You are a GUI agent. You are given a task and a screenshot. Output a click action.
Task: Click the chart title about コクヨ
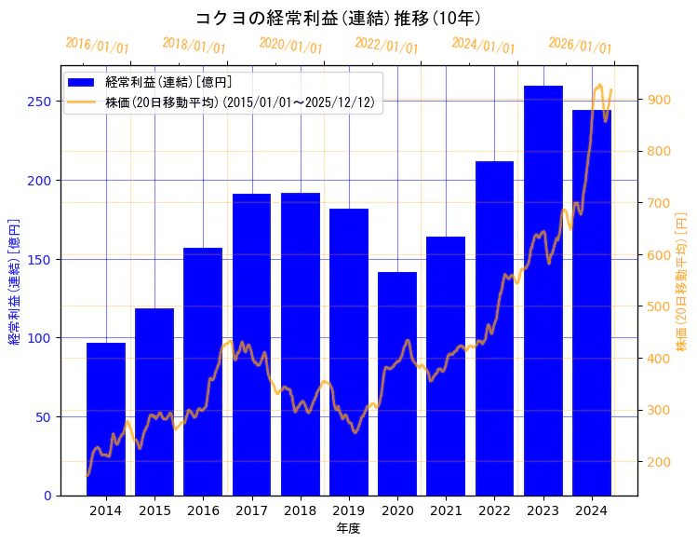339,18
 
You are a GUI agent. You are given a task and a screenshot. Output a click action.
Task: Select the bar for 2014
106,419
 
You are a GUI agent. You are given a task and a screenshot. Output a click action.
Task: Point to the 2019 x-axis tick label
349,510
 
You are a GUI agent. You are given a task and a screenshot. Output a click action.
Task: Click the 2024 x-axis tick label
592,510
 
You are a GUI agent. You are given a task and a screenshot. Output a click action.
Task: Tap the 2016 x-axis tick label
203,510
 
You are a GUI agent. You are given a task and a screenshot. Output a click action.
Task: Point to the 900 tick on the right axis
658,100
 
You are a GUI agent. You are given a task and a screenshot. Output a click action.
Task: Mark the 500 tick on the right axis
658,306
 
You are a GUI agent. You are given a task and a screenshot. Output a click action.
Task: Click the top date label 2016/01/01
98,46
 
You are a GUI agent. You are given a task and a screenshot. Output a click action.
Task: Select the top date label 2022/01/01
387,46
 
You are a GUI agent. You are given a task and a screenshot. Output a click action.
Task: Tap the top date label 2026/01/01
581,46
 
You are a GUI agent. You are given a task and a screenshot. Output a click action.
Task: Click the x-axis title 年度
348,528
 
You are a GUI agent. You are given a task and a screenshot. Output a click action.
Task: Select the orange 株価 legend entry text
240,102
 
